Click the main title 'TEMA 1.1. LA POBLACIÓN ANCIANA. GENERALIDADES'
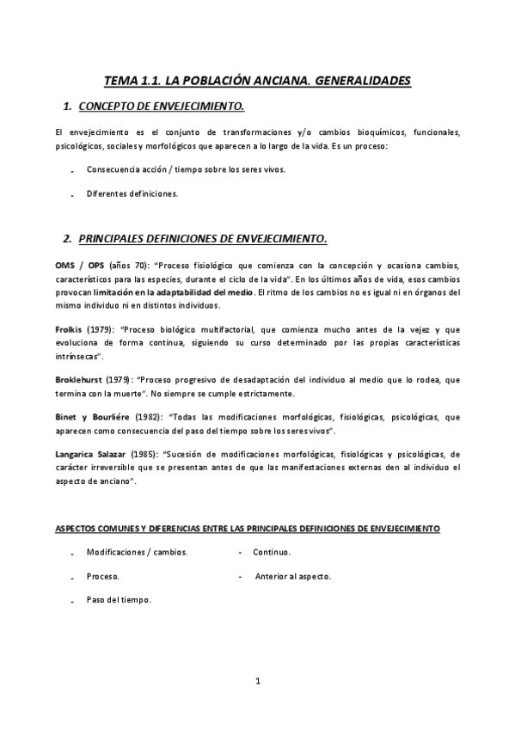(x=257, y=81)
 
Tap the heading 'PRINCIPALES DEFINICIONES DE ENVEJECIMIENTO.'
(x=202, y=236)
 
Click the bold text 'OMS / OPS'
(x=80, y=265)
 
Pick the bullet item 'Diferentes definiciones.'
(x=132, y=193)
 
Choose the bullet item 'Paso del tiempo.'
(x=119, y=600)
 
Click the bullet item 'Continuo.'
(x=272, y=552)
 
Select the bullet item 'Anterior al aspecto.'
(x=293, y=576)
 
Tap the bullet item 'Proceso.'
(x=102, y=576)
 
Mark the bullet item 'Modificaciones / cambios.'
(x=137, y=552)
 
